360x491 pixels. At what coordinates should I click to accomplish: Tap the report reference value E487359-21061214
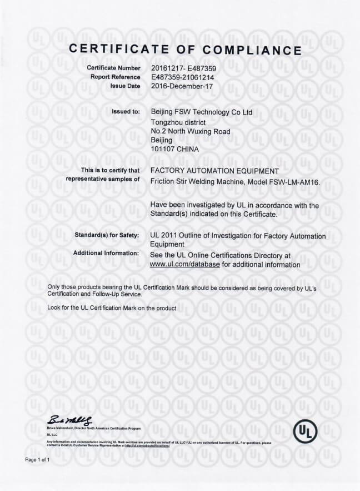[x=182, y=77]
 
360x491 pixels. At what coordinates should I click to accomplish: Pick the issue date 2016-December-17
[x=181, y=86]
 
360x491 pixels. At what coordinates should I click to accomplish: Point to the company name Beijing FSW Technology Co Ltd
[x=201, y=112]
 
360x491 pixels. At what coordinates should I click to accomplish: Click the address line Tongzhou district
[x=178, y=122]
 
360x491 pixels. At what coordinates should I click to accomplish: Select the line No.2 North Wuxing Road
[x=190, y=131]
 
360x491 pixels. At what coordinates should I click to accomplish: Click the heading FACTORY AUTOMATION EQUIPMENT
[x=214, y=171]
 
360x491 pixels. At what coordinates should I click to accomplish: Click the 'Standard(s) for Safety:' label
[x=107, y=236]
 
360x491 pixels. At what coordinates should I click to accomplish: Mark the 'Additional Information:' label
[x=106, y=254]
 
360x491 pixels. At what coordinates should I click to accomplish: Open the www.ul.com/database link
[x=185, y=265]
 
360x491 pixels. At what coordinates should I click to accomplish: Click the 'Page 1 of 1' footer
[x=38, y=460]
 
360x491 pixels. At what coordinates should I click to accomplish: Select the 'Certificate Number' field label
[x=113, y=68]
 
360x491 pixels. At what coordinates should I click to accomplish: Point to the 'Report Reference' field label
[x=116, y=77]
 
